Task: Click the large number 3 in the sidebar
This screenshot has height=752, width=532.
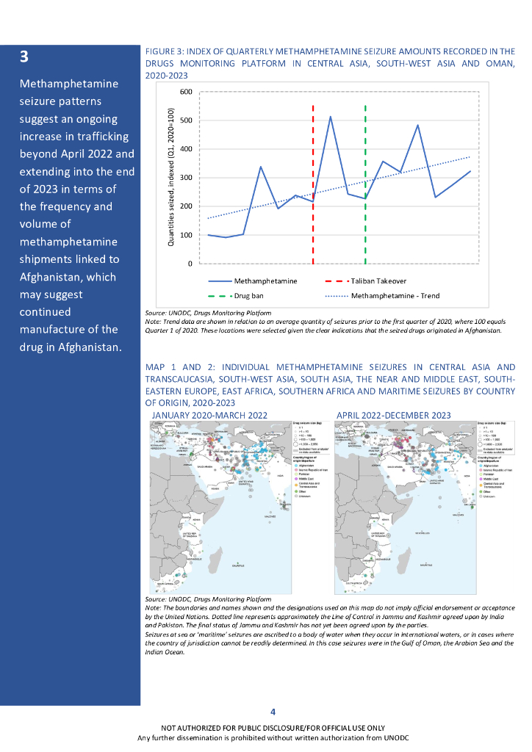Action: coord(24,57)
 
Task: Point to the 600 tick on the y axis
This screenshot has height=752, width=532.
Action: coord(186,93)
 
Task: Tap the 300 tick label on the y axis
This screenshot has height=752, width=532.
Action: coord(186,178)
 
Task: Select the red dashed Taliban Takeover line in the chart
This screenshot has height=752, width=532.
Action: coord(313,184)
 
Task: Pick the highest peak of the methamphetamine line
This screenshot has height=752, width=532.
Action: coord(330,117)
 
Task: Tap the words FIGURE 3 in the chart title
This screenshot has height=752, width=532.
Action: coord(166,51)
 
